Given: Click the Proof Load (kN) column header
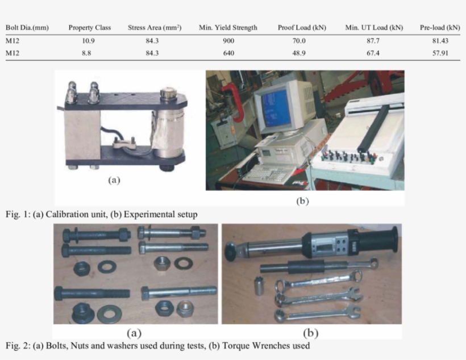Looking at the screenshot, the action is click(x=302, y=28).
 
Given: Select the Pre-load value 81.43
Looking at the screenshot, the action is click(x=440, y=41).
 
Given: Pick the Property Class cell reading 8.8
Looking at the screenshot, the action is click(x=86, y=53).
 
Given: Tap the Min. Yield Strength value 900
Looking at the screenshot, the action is click(x=228, y=41).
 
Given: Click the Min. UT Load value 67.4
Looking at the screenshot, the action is click(x=373, y=53).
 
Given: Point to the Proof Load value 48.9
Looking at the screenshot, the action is click(x=299, y=53).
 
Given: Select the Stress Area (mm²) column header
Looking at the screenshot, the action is click(x=155, y=28).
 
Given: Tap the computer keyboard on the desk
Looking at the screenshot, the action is click(x=269, y=173).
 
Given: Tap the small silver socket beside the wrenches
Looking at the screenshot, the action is click(x=260, y=285).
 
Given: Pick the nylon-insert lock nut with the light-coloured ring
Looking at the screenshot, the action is click(x=185, y=309).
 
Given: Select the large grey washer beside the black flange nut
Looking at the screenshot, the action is click(x=109, y=313).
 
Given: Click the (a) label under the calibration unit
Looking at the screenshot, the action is click(x=114, y=180).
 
